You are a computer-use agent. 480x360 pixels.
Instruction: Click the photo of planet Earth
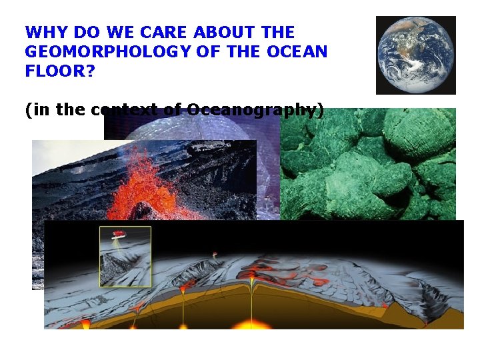click(415, 55)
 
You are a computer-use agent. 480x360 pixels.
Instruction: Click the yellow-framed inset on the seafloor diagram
click(125, 256)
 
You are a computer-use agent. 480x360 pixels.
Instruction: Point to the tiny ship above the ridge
click(215, 254)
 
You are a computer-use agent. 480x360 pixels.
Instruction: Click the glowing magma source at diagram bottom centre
click(251, 325)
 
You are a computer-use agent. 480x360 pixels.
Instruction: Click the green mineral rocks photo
click(370, 163)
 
